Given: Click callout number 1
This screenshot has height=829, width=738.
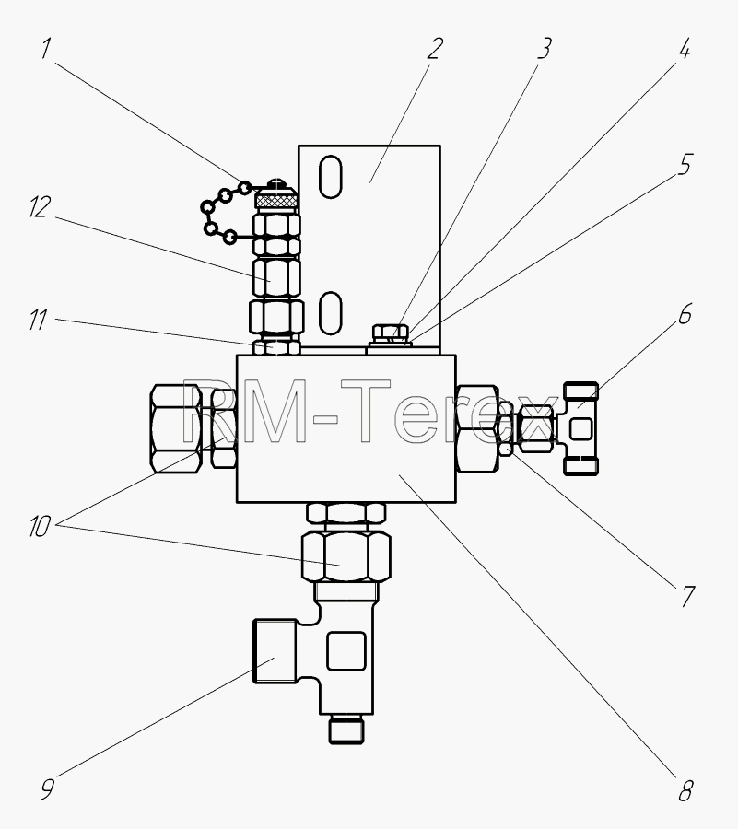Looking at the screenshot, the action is [46, 49].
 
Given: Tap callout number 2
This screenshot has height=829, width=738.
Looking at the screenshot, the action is [435, 48].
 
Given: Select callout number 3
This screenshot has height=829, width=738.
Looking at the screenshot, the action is [545, 48].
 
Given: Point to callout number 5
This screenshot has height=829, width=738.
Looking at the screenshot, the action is [685, 165].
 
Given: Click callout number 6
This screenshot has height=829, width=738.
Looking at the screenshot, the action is [685, 315].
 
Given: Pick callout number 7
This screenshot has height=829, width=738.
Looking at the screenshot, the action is [686, 596].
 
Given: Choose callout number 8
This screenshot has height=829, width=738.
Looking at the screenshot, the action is [685, 791].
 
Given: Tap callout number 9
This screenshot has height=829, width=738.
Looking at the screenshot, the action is [47, 790].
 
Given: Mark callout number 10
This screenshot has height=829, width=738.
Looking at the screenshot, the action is [40, 527].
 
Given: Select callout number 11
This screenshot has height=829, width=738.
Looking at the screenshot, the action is [38, 320].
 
